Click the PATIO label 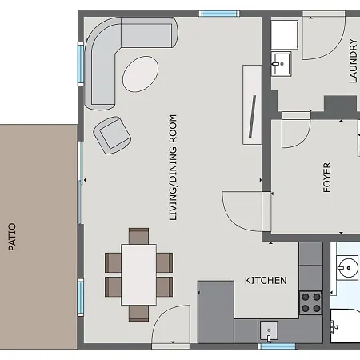[x=12, y=237]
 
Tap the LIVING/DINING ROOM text [x=173, y=167]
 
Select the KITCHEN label [x=266, y=281]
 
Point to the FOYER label [x=327, y=177]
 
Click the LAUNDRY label [x=353, y=61]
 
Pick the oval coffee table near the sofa [x=141, y=74]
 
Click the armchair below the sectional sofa [x=112, y=135]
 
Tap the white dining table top [x=138, y=274]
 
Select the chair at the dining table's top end [x=138, y=236]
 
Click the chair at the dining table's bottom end [x=138, y=314]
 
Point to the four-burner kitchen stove [x=311, y=302]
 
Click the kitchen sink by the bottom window [x=269, y=331]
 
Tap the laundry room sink [x=282, y=64]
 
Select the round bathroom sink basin [x=347, y=267]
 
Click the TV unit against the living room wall [x=252, y=105]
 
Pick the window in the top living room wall [x=219, y=14]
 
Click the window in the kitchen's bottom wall [x=278, y=346]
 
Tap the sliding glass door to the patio [x=80, y=183]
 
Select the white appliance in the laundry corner [x=285, y=34]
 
